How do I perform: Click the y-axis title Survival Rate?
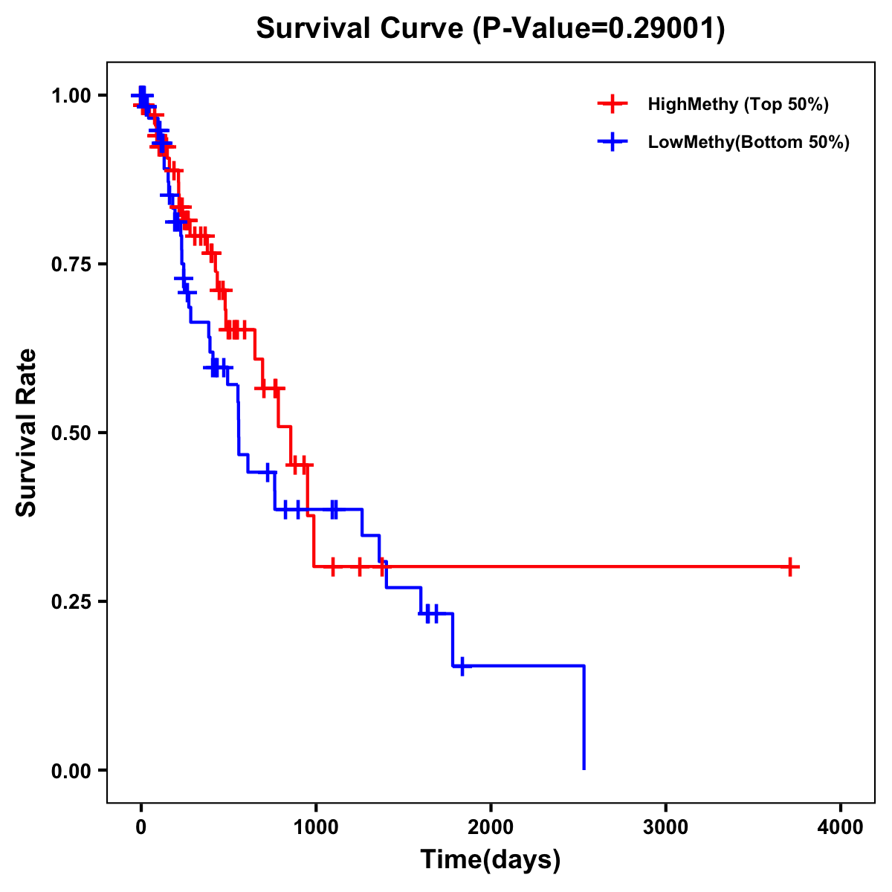(27, 433)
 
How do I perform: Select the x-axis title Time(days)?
(491, 859)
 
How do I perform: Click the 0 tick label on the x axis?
(140, 827)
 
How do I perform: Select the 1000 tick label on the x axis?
(315, 827)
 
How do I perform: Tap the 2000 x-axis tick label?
(491, 827)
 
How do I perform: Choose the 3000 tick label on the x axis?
(665, 827)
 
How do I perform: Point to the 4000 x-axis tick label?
(841, 827)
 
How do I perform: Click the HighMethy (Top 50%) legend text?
(737, 104)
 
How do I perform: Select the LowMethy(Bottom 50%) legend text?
(748, 142)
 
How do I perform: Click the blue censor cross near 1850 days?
(462, 666)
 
